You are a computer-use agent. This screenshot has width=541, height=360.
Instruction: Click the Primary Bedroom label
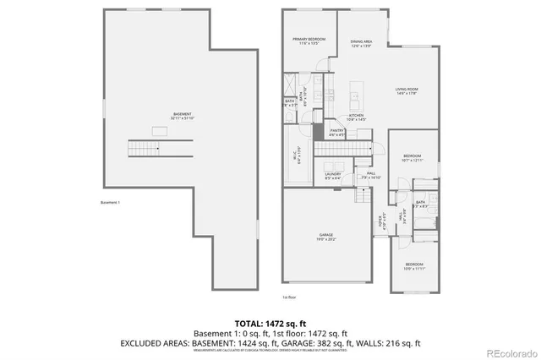click(309, 41)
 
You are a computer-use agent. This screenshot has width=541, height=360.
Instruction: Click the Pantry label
click(336, 132)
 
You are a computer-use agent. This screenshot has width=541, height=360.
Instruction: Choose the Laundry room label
click(333, 175)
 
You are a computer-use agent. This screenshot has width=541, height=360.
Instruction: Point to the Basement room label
click(183, 116)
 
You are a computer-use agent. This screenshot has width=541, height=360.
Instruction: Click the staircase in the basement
click(144, 149)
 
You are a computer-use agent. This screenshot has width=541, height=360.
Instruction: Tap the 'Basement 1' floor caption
click(111, 202)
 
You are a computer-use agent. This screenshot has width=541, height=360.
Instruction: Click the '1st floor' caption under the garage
click(289, 297)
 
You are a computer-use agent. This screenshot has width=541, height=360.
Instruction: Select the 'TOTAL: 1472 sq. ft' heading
click(270, 323)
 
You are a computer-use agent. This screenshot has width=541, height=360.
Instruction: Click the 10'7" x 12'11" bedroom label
click(413, 157)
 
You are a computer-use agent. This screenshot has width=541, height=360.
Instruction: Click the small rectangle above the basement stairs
click(158, 130)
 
